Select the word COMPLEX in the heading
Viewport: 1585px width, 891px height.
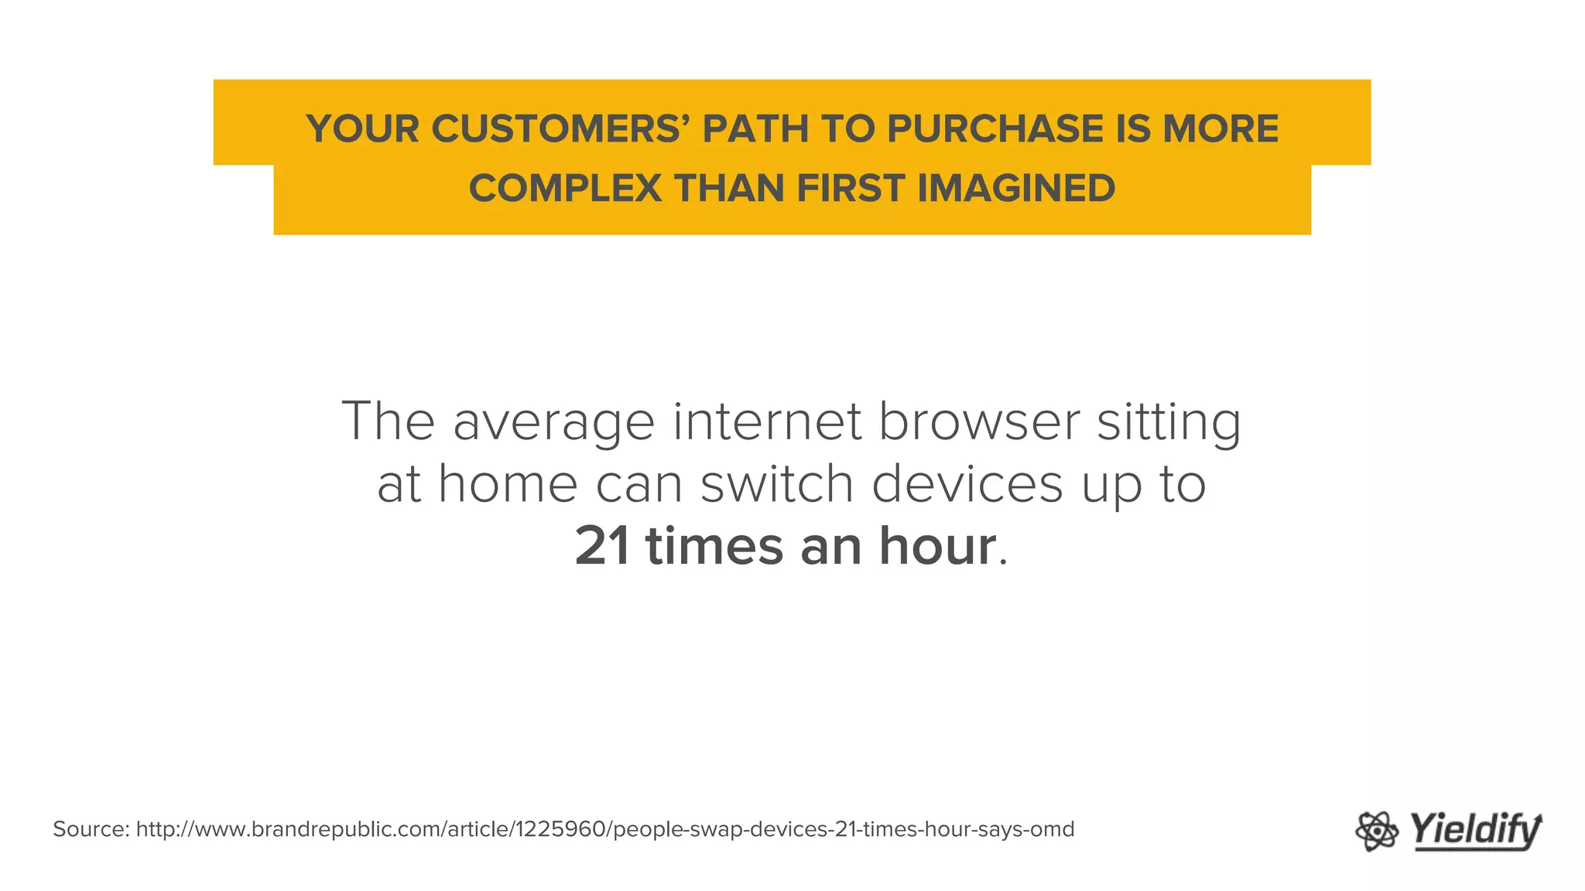pyautogui.click(x=565, y=189)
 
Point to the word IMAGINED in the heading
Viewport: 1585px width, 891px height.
pyautogui.click(x=1016, y=189)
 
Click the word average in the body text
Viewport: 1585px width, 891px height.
pyautogui.click(x=553, y=423)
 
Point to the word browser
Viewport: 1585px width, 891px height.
pyautogui.click(x=979, y=422)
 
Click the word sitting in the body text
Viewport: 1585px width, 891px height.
pyautogui.click(x=1169, y=423)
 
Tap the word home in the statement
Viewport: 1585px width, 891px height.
pyautogui.click(x=508, y=484)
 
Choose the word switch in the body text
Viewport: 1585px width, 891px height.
pyautogui.click(x=776, y=484)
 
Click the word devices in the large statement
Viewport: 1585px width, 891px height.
pyautogui.click(x=967, y=484)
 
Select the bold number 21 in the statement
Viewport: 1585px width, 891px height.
pyautogui.click(x=602, y=546)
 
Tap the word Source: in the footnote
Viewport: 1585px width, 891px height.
pyautogui.click(x=91, y=829)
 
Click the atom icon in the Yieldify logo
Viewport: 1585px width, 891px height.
pyautogui.click(x=1377, y=831)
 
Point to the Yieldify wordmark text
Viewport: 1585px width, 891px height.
pyautogui.click(x=1475, y=831)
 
